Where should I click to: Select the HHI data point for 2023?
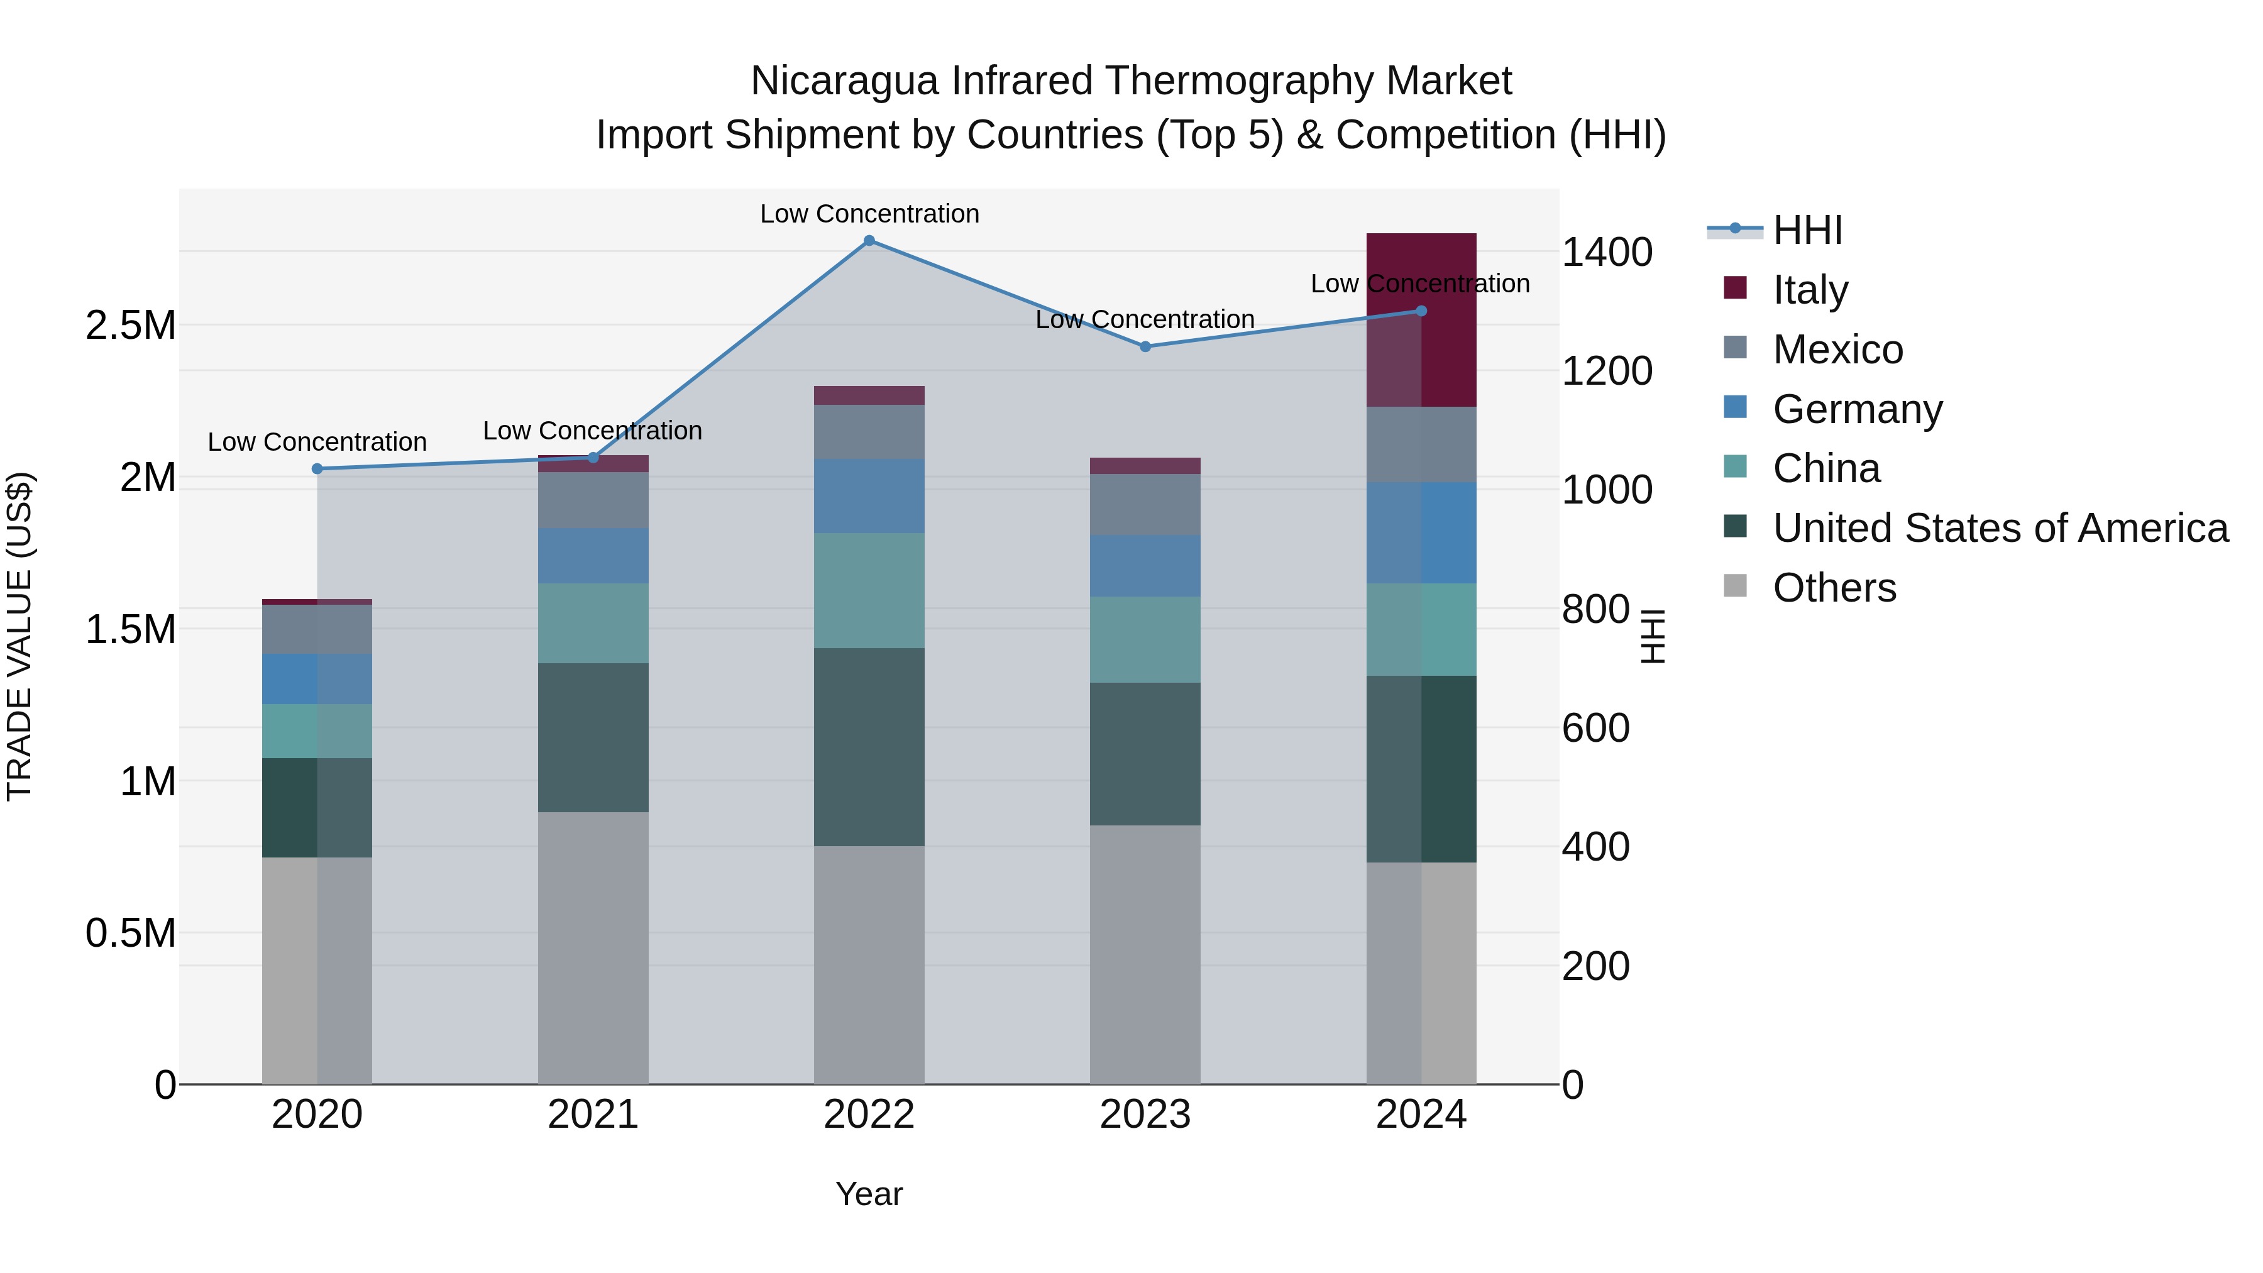coord(1145,347)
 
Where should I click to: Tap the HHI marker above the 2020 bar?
coord(317,469)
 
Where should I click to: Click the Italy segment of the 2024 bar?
coord(1421,320)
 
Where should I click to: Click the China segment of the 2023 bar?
coord(1145,639)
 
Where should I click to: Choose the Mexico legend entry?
coord(1838,350)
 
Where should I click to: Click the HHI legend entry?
coord(1807,230)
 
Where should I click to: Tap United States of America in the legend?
coord(2000,528)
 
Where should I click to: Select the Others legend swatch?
coord(1735,585)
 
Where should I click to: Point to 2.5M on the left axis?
coord(130,326)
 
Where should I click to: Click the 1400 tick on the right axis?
coord(1607,253)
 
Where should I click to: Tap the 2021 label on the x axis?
coord(593,1115)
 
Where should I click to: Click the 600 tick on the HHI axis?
coord(1595,729)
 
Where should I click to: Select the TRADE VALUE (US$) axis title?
coord(19,636)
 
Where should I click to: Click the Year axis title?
coord(869,1194)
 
